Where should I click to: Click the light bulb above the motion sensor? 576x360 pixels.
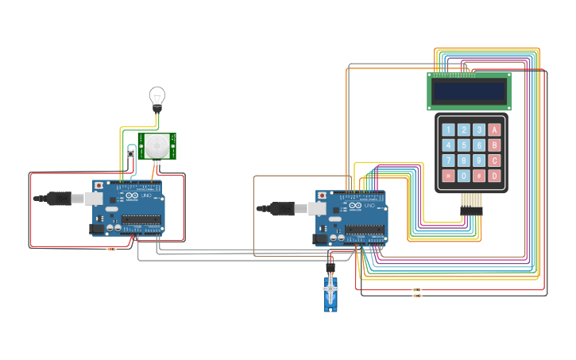157,97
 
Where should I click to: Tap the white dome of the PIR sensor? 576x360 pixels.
157,146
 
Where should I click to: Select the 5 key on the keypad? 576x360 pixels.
463,145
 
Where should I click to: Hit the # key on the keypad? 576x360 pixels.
478,176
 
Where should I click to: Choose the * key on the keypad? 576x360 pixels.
448,176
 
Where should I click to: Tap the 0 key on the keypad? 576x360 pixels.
463,176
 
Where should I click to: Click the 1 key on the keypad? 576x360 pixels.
448,130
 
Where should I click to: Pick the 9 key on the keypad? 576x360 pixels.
478,161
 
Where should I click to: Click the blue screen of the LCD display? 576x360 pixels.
469,91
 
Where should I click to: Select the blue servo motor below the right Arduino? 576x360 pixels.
331,292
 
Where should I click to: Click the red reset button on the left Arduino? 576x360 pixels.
99,185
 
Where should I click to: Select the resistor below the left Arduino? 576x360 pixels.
110,249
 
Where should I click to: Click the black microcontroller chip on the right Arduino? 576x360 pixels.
365,230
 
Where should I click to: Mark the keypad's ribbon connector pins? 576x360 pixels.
472,203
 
